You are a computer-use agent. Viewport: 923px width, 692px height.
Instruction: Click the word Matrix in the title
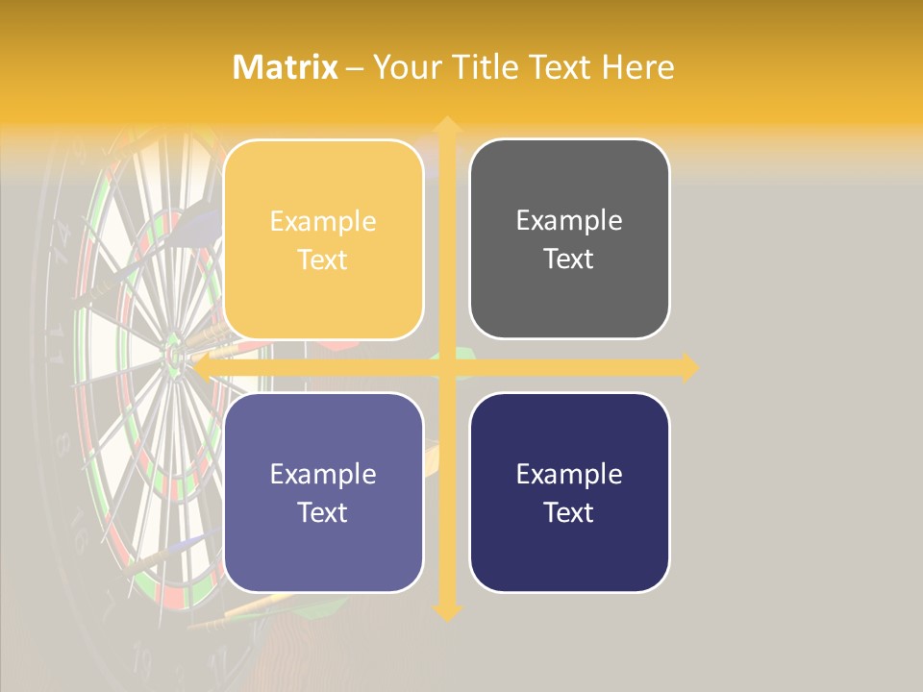(286, 67)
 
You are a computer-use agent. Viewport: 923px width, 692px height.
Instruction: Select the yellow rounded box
(323, 239)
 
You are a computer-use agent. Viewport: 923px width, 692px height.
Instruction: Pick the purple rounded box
(323, 492)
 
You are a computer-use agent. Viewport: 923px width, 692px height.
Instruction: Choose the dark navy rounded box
(569, 492)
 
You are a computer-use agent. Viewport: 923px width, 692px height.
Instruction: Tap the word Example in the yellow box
(323, 222)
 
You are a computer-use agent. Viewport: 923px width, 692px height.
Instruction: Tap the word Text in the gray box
(569, 259)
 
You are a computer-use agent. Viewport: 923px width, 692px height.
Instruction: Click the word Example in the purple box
(323, 474)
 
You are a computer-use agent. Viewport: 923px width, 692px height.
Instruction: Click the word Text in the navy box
(569, 512)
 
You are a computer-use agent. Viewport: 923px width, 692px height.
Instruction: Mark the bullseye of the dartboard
(174, 357)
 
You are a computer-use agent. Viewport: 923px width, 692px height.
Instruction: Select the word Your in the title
(404, 67)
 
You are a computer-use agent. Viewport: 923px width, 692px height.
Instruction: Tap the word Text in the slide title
(559, 67)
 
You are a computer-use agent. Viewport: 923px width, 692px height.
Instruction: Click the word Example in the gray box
(569, 221)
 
